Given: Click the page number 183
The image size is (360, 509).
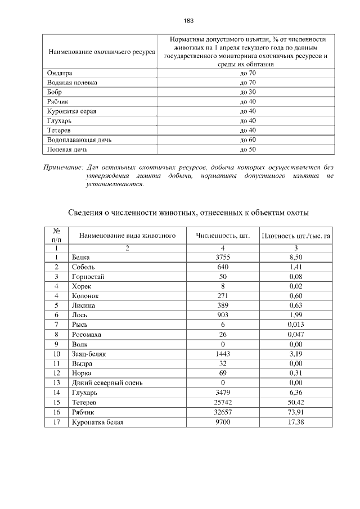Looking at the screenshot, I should (x=188, y=20).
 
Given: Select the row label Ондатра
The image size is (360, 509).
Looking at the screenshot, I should (x=60, y=73).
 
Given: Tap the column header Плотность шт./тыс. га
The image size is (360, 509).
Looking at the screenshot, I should (x=296, y=235).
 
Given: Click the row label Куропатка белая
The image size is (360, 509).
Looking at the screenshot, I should (x=97, y=422).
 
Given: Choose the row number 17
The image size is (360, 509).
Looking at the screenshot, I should (x=56, y=422).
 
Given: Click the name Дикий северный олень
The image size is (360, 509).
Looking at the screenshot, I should (x=107, y=383).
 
